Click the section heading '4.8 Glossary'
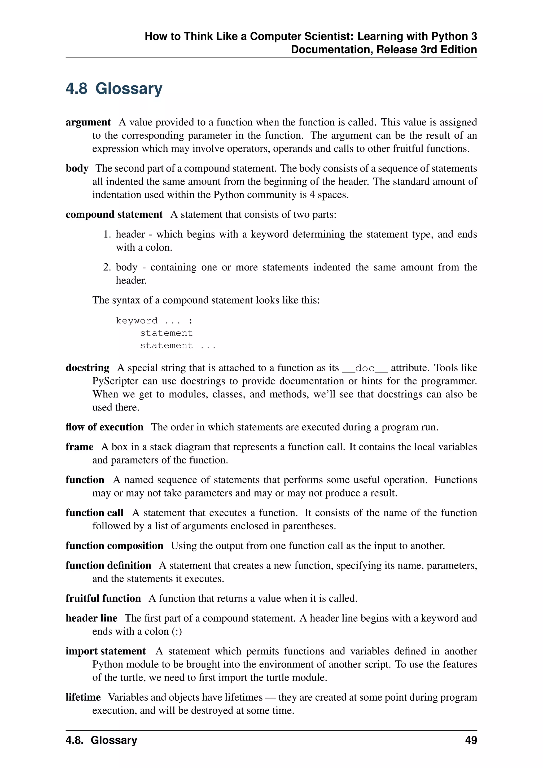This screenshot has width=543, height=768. click(x=114, y=89)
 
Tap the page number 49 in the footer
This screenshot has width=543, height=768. click(x=471, y=740)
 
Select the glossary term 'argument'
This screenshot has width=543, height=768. click(x=88, y=123)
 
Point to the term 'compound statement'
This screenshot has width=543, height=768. click(x=114, y=215)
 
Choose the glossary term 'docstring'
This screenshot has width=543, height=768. click(x=87, y=368)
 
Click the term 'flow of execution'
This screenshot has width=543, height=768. click(x=104, y=427)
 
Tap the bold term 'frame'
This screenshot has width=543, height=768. click(x=79, y=447)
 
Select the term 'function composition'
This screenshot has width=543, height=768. click(x=114, y=546)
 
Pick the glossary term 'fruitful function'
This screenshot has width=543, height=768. click(x=103, y=599)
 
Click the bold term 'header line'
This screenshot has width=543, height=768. click(x=91, y=618)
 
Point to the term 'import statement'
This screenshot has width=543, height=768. click(x=105, y=651)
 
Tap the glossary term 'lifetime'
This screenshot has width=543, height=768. click(x=83, y=697)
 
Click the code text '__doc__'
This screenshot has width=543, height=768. click(x=365, y=368)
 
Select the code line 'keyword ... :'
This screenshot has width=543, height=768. click(x=154, y=321)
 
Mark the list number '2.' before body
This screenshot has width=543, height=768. click(x=107, y=267)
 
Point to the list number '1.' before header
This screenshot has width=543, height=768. click(x=107, y=234)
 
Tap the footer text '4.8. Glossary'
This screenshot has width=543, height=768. click(x=101, y=740)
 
